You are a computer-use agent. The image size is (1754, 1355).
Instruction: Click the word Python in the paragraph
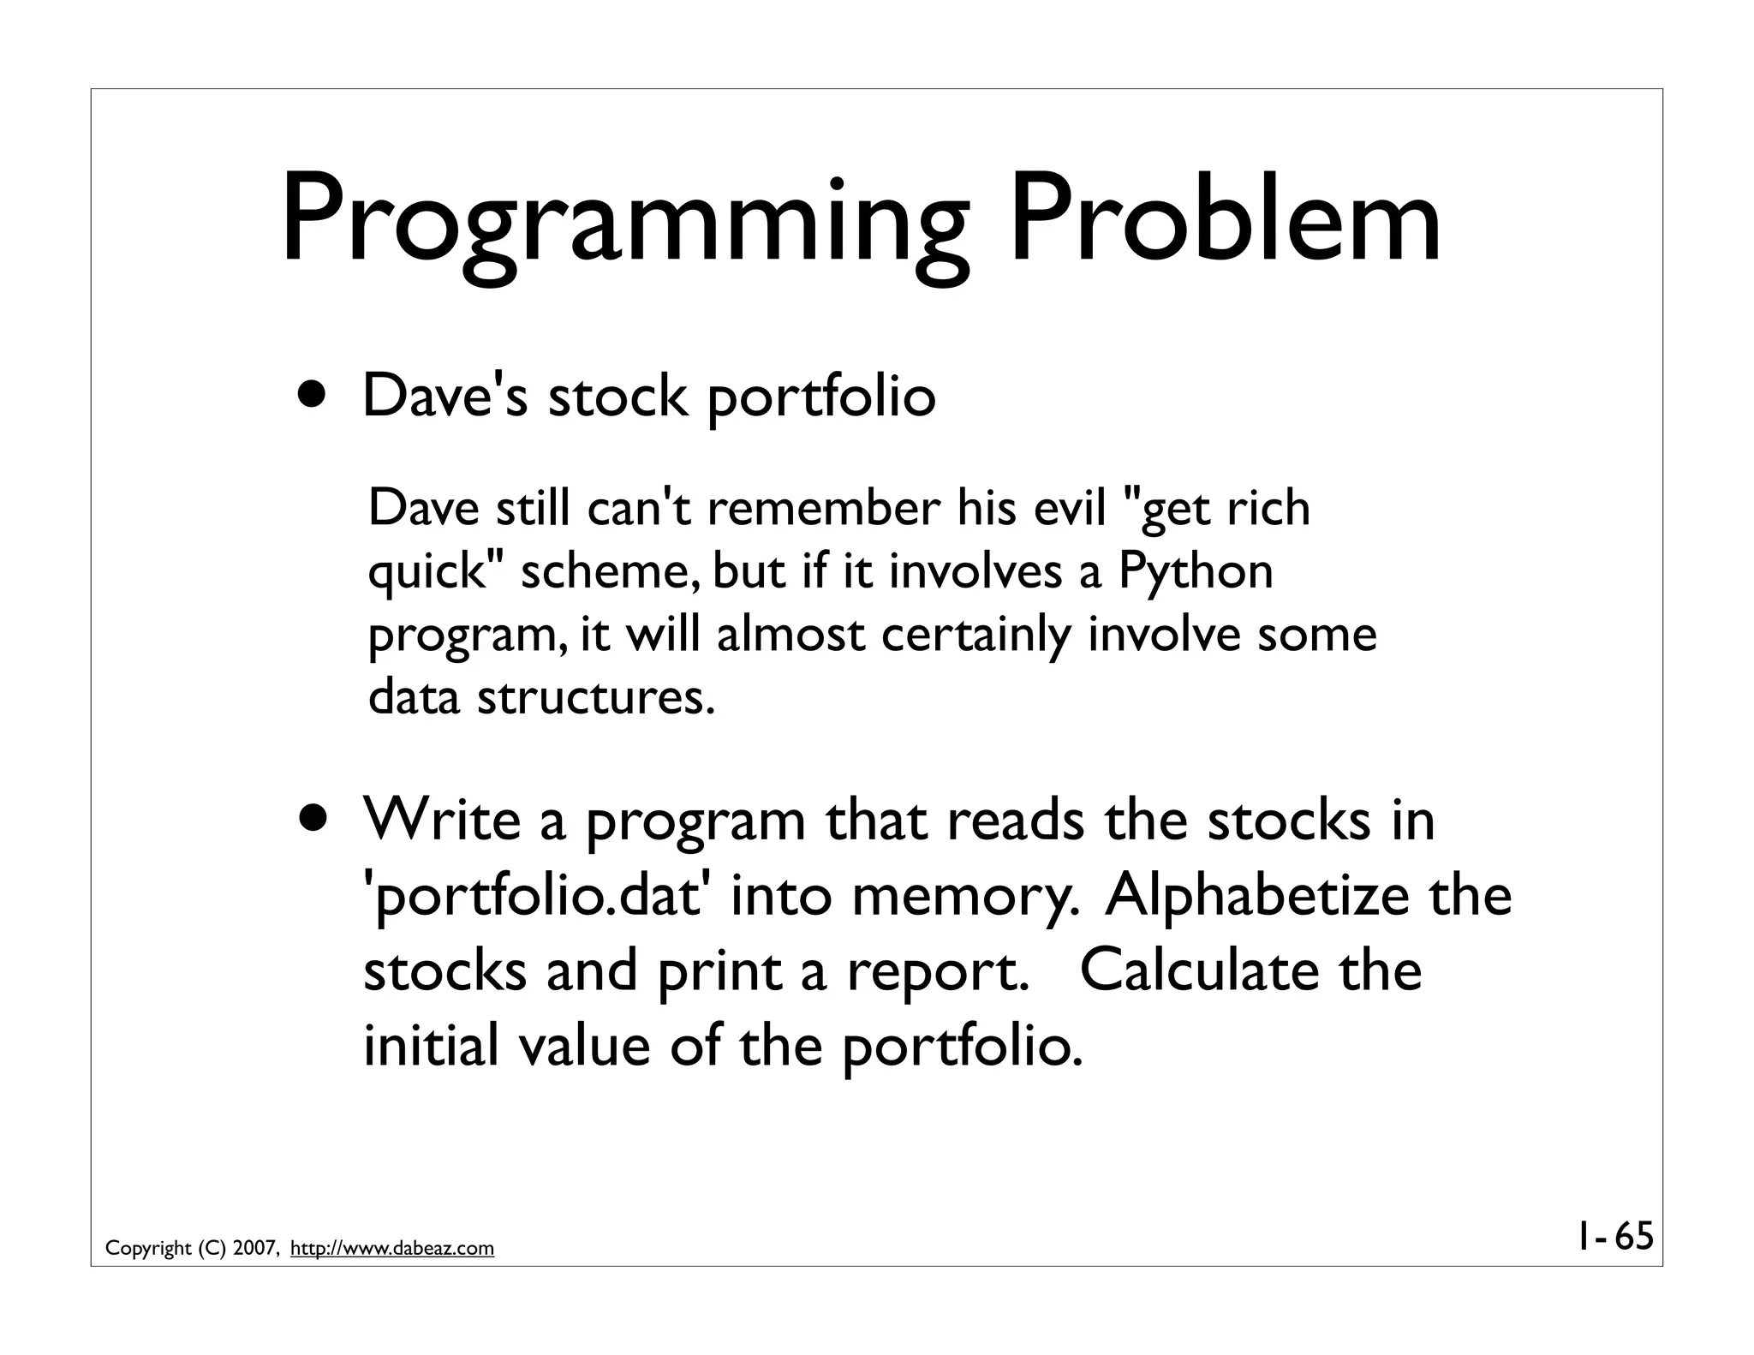(x=1196, y=572)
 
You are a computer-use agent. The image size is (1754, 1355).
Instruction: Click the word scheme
(x=610, y=572)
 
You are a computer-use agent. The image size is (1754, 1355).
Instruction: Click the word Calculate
(x=1199, y=970)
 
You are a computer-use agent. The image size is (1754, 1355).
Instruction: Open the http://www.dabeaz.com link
(x=392, y=1249)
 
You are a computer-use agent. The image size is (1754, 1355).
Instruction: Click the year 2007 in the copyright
(x=254, y=1249)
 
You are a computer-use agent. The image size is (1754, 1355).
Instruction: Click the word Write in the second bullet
(x=442, y=820)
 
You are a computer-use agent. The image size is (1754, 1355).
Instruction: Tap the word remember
(x=823, y=508)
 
